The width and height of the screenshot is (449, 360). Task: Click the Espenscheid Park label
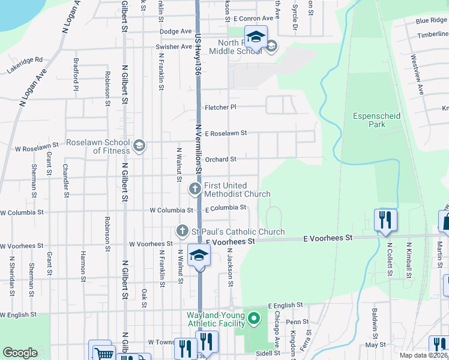pyautogui.click(x=377, y=120)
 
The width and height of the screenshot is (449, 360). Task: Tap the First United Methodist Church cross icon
pyautogui.click(x=195, y=189)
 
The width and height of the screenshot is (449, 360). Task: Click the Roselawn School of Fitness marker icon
pyautogui.click(x=139, y=146)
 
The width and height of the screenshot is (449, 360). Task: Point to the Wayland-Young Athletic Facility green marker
pyautogui.click(x=254, y=318)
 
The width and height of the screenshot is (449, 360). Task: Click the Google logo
pyautogui.click(x=20, y=353)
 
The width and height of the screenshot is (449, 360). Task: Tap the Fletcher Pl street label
pyautogui.click(x=221, y=107)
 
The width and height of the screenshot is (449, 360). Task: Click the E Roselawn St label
pyautogui.click(x=226, y=134)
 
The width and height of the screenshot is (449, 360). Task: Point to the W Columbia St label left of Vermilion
pyautogui.click(x=171, y=211)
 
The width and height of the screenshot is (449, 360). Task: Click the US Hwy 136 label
pyautogui.click(x=197, y=54)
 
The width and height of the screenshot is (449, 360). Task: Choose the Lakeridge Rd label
pyautogui.click(x=25, y=65)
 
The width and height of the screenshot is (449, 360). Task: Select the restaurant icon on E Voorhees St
pyautogui.click(x=384, y=220)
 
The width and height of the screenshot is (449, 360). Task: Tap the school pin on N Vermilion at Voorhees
pyautogui.click(x=199, y=256)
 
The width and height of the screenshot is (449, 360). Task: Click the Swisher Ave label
pyautogui.click(x=173, y=47)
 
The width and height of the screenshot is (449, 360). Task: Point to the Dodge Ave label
pyautogui.click(x=175, y=31)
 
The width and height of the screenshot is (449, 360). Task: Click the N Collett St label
pyautogui.click(x=389, y=259)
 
